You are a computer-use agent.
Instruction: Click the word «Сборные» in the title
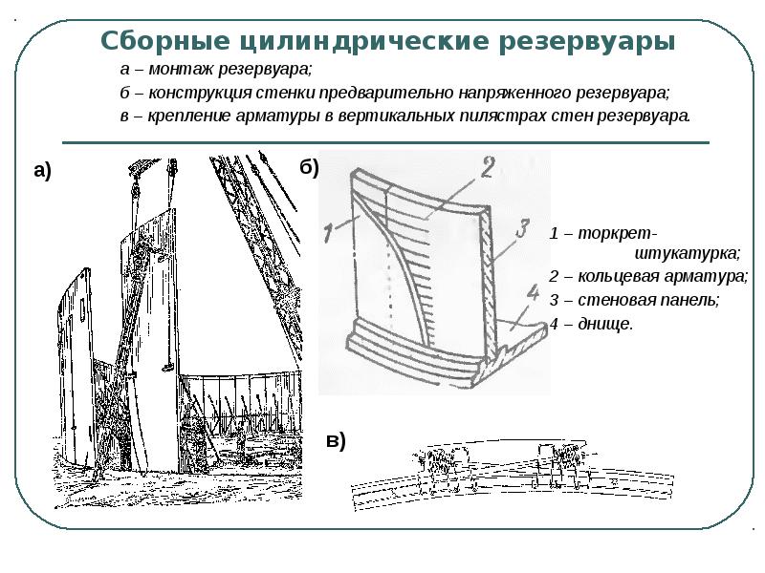pos(158,42)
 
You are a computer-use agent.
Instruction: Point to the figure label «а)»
pos(42,171)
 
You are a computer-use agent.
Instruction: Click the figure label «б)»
pos(309,167)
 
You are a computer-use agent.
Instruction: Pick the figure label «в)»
pos(335,441)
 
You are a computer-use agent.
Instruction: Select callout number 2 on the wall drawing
pos(485,169)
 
